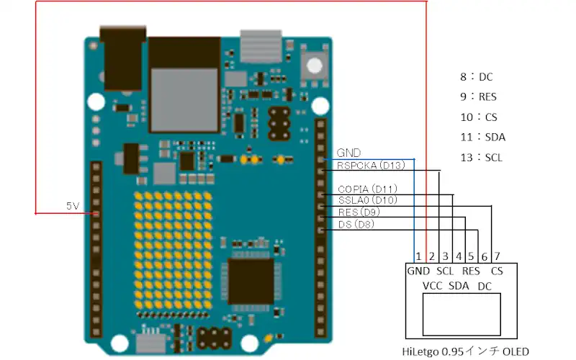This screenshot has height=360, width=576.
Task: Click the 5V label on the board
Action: (73, 206)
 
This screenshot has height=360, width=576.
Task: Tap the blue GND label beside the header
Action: (348, 153)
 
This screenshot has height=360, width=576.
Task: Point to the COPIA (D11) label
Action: (367, 189)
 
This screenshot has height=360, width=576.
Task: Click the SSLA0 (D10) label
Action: (366, 200)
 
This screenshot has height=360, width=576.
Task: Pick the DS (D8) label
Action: (356, 225)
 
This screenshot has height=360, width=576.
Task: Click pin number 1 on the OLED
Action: (417, 256)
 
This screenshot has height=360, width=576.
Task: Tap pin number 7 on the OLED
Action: (496, 256)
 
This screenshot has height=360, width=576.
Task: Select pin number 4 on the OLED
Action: (458, 256)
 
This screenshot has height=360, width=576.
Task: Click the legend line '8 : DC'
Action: (477, 76)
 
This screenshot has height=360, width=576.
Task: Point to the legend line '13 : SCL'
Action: (482, 157)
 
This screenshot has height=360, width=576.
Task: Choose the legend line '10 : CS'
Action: (478, 117)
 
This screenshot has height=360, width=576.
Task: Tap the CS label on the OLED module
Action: (497, 271)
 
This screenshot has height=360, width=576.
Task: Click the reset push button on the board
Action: (314, 65)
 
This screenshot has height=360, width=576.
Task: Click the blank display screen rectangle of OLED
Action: (461, 314)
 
